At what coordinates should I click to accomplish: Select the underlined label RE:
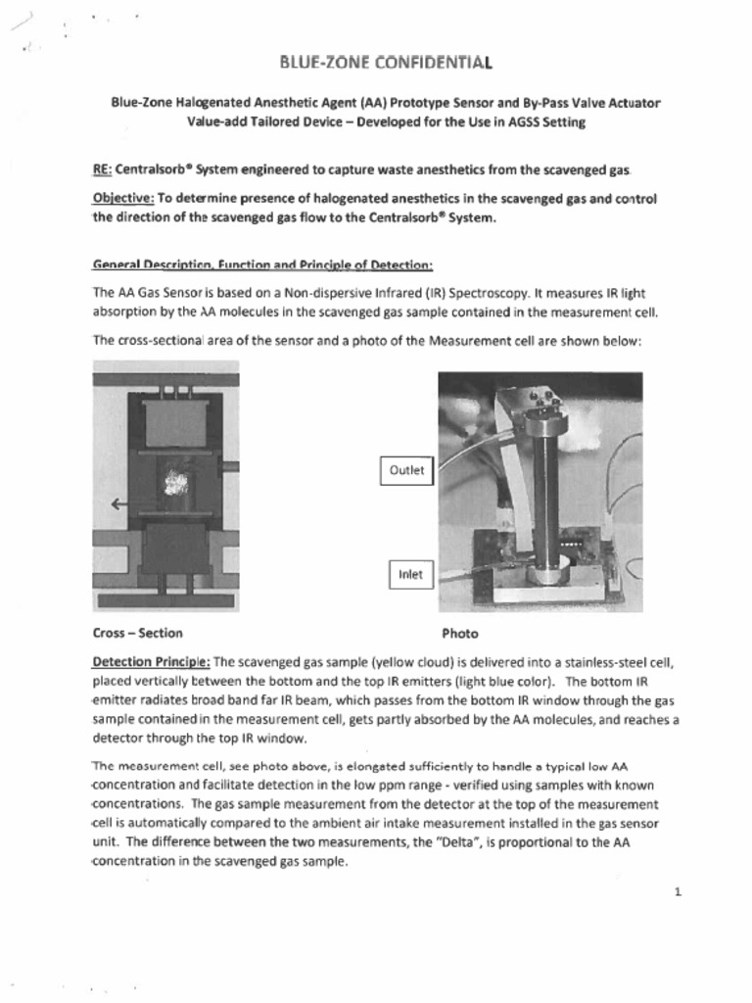[x=102, y=169]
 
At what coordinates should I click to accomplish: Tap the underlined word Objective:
[x=123, y=198]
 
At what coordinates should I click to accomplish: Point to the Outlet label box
[x=406, y=470]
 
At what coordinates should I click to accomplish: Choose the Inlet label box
[x=410, y=574]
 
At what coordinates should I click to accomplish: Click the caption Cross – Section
[x=137, y=633]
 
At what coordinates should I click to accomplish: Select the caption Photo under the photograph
[x=459, y=634]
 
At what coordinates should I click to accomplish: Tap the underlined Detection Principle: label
[x=151, y=661]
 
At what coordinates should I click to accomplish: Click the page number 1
[x=677, y=891]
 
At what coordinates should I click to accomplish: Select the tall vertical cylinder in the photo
[x=545, y=500]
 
